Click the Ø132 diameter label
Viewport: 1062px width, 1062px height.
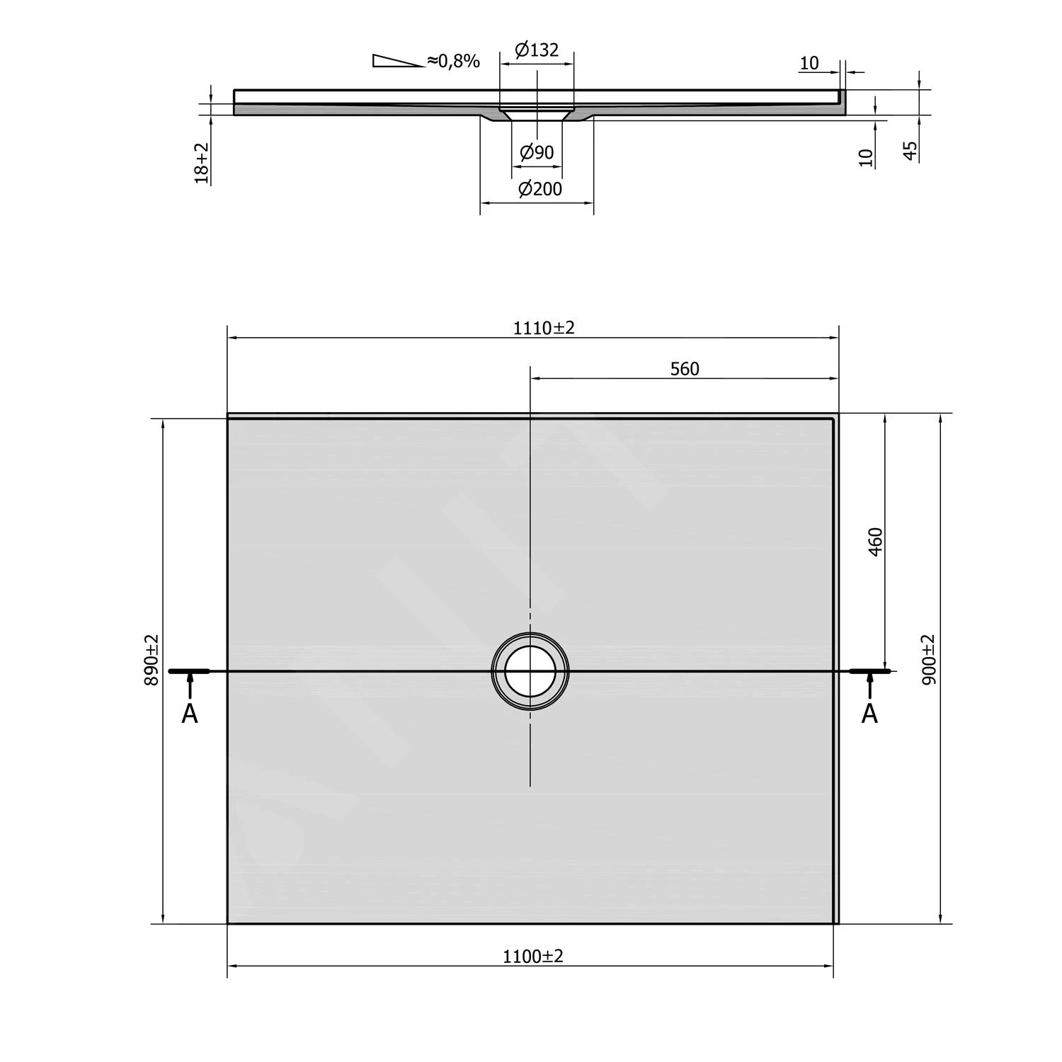(x=537, y=50)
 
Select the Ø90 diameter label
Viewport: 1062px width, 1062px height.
(x=537, y=152)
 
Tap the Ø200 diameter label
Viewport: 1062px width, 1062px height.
(x=540, y=189)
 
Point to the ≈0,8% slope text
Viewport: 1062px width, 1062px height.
(x=453, y=61)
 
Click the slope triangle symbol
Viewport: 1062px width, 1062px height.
(x=398, y=61)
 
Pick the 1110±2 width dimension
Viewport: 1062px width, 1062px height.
(x=544, y=328)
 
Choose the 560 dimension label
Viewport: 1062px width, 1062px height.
(x=685, y=369)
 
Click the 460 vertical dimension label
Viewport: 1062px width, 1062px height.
(x=876, y=542)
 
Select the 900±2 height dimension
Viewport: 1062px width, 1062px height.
(x=929, y=659)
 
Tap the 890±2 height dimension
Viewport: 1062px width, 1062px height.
(x=152, y=660)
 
